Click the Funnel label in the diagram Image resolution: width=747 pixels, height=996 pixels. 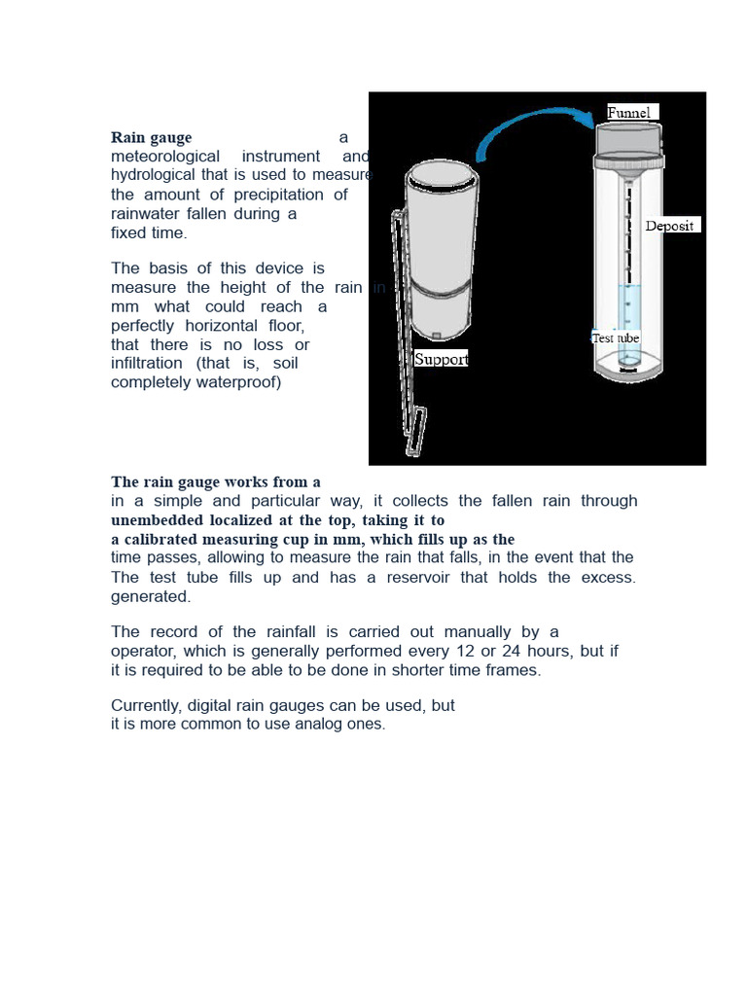pos(629,113)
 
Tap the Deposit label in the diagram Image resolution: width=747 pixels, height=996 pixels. pos(670,226)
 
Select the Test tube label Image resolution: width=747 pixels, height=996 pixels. pos(616,338)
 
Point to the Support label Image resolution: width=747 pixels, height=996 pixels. pos(441,359)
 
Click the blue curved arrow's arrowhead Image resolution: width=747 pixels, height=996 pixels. pos(586,118)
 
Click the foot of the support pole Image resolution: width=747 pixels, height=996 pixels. pos(415,433)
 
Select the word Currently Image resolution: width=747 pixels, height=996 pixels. pos(146,705)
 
